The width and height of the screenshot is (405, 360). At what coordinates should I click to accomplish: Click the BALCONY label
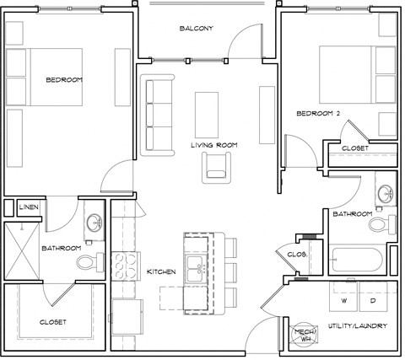(x=196, y=29)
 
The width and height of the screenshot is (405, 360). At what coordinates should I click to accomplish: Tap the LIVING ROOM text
(x=213, y=145)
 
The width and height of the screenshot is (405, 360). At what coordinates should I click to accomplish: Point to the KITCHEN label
(x=160, y=271)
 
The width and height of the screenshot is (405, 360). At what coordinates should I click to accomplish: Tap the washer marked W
(x=343, y=299)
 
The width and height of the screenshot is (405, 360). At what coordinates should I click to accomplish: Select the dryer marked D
(x=372, y=299)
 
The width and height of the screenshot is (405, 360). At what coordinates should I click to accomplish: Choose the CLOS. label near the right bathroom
(x=295, y=254)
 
